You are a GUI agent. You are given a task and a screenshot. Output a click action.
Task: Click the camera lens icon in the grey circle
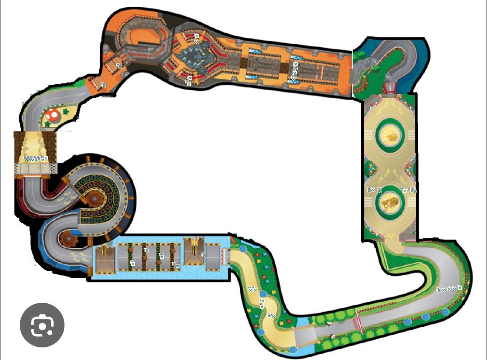pos(42,325)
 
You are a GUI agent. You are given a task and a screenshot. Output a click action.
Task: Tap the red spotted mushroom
pos(53,115)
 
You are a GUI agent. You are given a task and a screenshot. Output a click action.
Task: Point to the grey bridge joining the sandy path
pos(305,336)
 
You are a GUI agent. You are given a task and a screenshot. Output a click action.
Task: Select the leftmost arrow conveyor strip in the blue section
pos(131,257)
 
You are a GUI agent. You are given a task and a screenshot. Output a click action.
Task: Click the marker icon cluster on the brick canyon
pos(35,159)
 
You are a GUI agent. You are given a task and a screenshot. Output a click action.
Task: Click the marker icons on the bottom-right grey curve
pos(450,289)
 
